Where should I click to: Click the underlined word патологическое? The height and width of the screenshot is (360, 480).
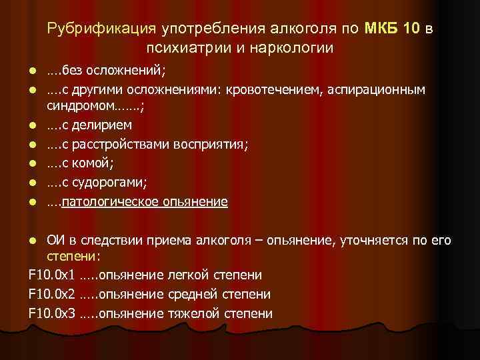pyautogui.click(x=107, y=201)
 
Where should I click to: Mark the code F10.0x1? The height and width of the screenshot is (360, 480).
pyautogui.click(x=52, y=275)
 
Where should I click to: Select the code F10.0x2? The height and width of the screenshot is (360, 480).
pyautogui.click(x=52, y=294)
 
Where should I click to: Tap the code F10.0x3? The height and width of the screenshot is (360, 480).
pyautogui.click(x=52, y=313)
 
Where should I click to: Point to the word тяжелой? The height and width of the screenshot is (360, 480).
pyautogui.click(x=192, y=313)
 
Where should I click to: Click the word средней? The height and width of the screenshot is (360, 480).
pyautogui.click(x=191, y=294)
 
